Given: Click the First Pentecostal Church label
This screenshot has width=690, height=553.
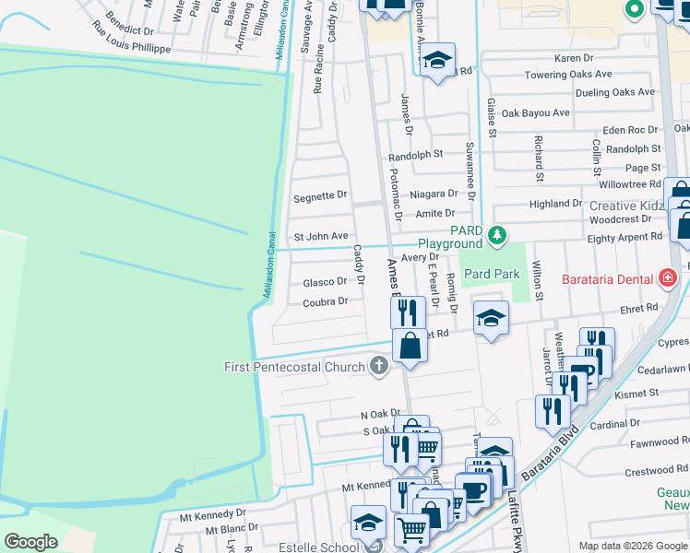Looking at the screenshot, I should pyautogui.click(x=294, y=367).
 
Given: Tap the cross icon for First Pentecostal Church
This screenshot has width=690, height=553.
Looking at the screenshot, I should pyautogui.click(x=378, y=367).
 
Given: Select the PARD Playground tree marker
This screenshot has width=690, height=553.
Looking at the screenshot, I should pyautogui.click(x=497, y=237).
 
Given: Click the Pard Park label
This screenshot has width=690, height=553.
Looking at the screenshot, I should pyautogui.click(x=492, y=274).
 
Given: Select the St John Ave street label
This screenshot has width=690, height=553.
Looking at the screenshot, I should pyautogui.click(x=320, y=237).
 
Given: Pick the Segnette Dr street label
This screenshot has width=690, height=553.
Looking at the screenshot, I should pyautogui.click(x=319, y=196).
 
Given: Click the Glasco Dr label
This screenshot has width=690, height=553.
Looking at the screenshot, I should pyautogui.click(x=325, y=282).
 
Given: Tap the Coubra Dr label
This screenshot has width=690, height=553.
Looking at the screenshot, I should pyautogui.click(x=325, y=301).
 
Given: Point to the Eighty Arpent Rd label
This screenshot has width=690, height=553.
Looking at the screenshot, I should pyautogui.click(x=625, y=237).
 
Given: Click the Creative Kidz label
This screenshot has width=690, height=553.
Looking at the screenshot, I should pyautogui.click(x=625, y=206).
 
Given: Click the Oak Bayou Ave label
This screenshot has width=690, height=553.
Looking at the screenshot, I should pyautogui.click(x=535, y=113).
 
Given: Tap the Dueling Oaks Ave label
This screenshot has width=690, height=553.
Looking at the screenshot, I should pyautogui.click(x=614, y=92).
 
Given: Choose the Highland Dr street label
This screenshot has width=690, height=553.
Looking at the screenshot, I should pyautogui.click(x=555, y=204).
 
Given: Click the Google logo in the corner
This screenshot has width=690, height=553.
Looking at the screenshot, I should pyautogui.click(x=31, y=542).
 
